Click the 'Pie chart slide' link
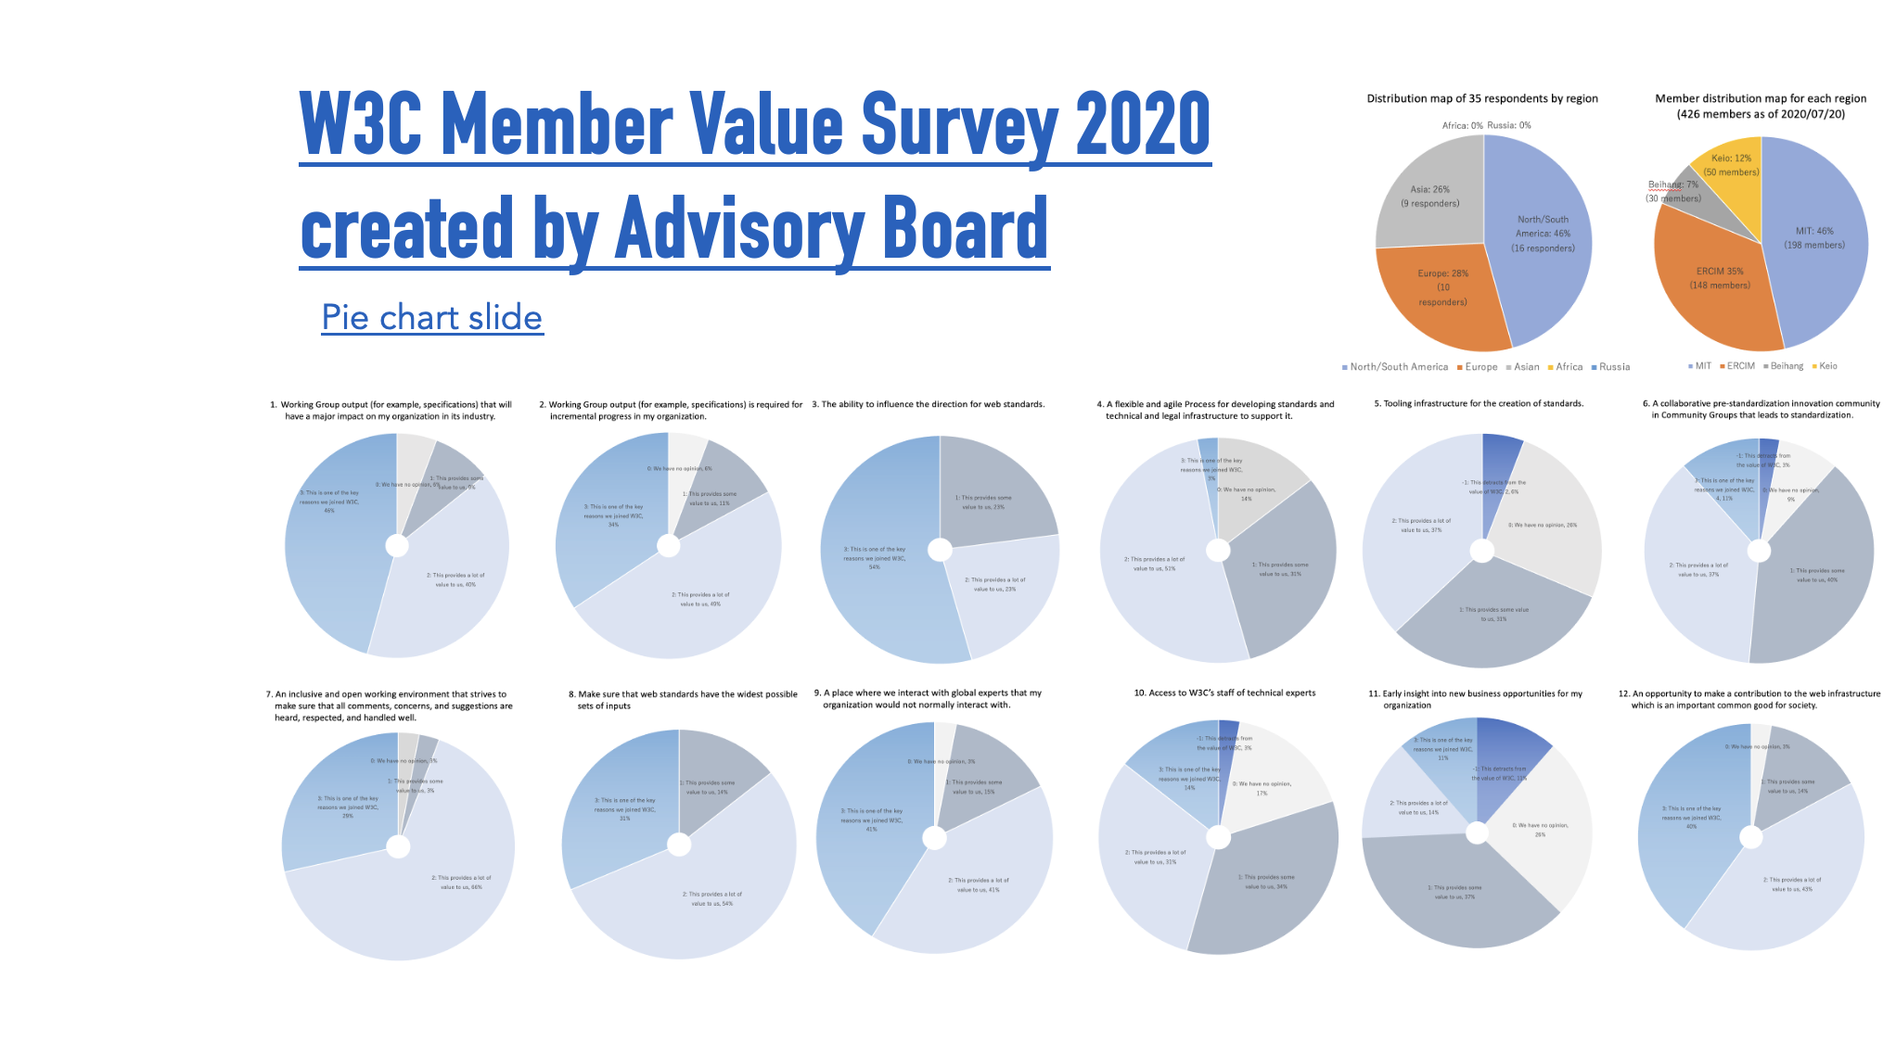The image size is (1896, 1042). point(431,317)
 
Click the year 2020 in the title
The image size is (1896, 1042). point(1142,124)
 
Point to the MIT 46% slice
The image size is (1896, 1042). point(1813,241)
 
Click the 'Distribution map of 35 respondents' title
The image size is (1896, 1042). point(1481,98)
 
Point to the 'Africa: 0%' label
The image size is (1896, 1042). point(1462,125)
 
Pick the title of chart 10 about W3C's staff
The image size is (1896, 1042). point(1224,693)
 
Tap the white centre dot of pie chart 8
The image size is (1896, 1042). point(679,845)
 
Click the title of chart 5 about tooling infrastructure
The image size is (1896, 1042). point(1479,403)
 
